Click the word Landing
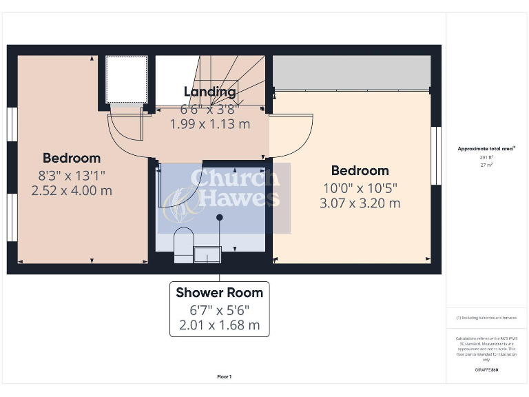210,92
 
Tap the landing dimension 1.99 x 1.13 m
210,124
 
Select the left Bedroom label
72,158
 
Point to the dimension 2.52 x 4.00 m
72,190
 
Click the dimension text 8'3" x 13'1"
72,174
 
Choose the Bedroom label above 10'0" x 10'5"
360,170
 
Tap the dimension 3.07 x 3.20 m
360,203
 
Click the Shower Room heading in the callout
219,292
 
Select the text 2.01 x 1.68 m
219,325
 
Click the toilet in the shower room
183,245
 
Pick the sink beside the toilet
207,255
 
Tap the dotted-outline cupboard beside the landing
127,79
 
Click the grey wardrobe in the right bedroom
351,72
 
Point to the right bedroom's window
435,155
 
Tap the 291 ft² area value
487,158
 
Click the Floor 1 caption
225,377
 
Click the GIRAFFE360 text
486,370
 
